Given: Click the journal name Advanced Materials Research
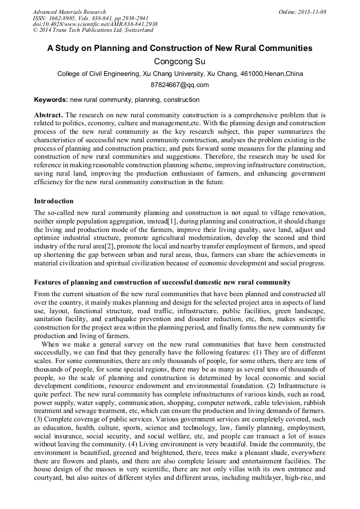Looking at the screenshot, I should (69, 12).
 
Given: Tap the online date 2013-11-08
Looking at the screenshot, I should (312, 12).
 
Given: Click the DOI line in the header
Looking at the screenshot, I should (95, 24).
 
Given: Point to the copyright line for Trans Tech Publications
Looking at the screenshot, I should (93, 31).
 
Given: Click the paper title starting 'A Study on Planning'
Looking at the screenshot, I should (179, 48).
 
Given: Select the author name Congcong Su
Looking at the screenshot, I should (179, 62).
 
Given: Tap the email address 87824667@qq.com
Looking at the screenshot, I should (179, 85).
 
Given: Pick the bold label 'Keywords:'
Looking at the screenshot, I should (51, 100).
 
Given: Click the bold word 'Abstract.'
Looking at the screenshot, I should (48, 115).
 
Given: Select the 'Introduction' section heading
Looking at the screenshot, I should (54, 201).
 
